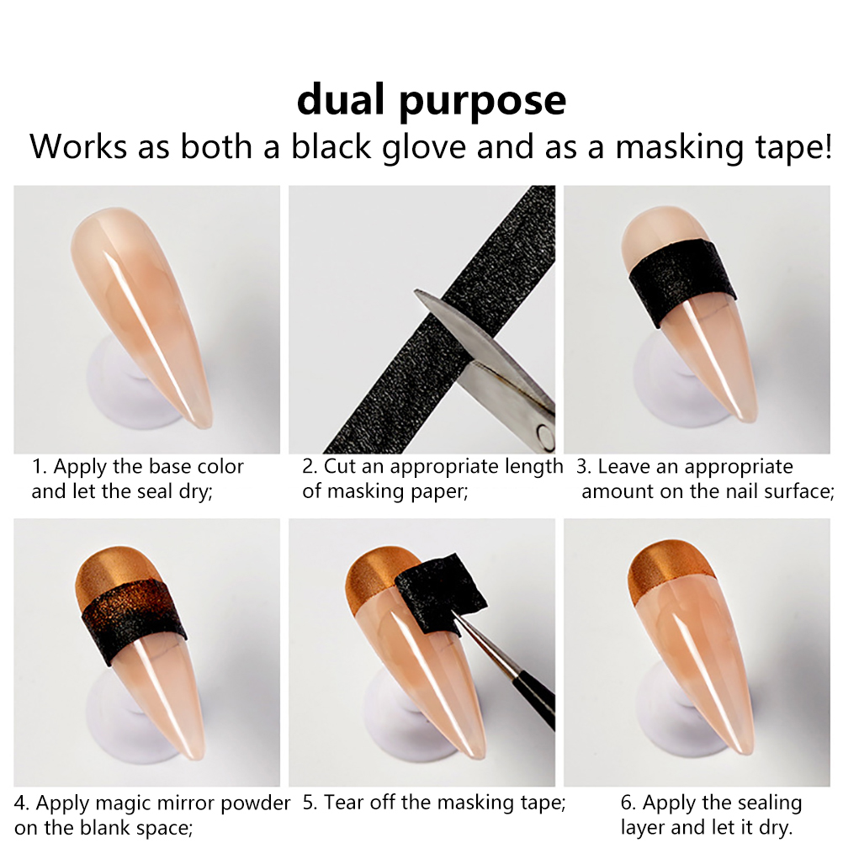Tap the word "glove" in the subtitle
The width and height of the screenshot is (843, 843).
[x=424, y=146]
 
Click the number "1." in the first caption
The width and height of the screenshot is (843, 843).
[x=40, y=467]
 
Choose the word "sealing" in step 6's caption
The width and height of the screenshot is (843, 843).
[x=769, y=803]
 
